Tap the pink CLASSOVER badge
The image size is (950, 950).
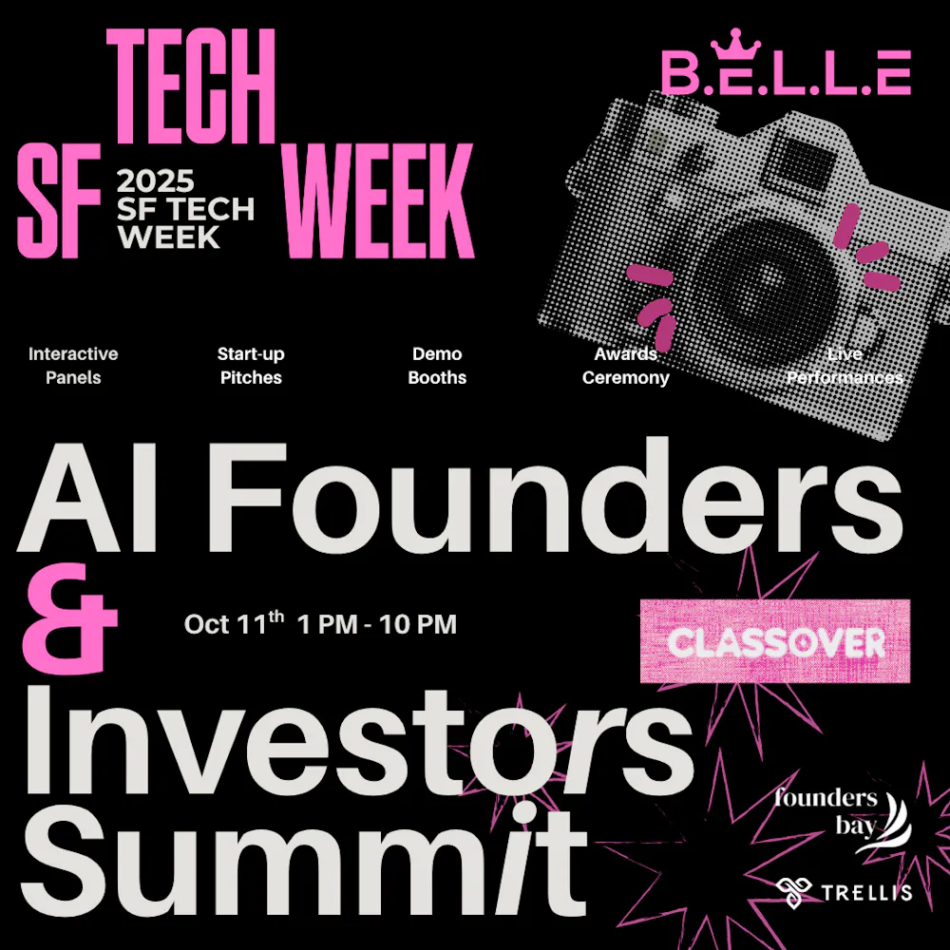[x=775, y=642]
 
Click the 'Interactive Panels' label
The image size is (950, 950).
[x=73, y=366]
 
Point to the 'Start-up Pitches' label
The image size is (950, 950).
[x=251, y=366]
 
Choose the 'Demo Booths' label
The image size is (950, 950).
[x=437, y=366]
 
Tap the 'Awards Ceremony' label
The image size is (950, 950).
[x=626, y=366]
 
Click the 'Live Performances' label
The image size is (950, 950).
[x=845, y=366]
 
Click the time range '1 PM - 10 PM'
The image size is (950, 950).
[x=377, y=625]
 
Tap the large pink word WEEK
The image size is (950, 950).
[x=380, y=201]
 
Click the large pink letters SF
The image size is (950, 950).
[x=59, y=201]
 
